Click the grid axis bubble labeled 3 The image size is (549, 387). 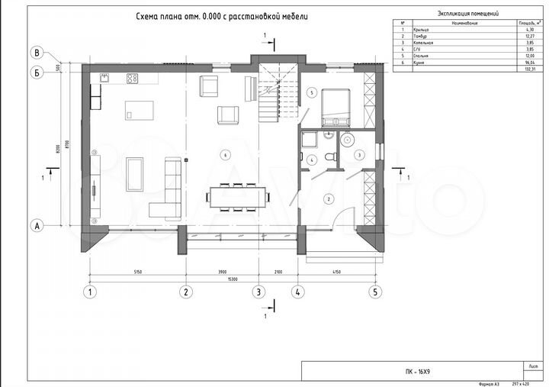[x=258, y=292]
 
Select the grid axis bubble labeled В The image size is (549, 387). [x=35, y=53]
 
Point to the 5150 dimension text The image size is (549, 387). [x=138, y=273]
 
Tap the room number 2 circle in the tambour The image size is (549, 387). [x=329, y=199]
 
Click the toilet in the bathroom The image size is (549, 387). [x=329, y=156]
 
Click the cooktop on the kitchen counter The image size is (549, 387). [x=132, y=77]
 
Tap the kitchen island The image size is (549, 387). [x=139, y=109]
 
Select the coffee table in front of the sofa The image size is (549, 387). [x=135, y=173]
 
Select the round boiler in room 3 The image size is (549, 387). [x=349, y=140]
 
